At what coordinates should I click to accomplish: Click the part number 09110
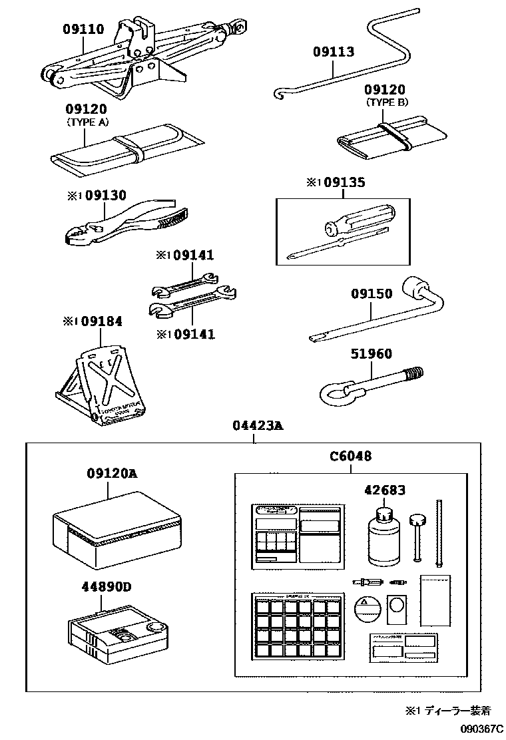click(x=83, y=29)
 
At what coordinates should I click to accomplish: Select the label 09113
click(x=334, y=53)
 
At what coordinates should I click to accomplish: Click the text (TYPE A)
click(x=87, y=122)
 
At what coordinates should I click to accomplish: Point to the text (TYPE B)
click(x=387, y=102)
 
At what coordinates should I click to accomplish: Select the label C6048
click(x=350, y=457)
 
